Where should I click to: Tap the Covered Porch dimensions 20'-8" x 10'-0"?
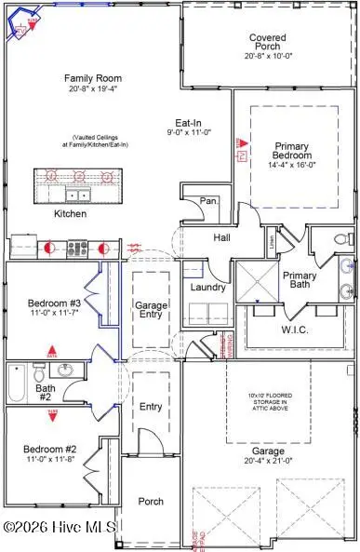[267, 57]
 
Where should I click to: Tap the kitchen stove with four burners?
[77, 249]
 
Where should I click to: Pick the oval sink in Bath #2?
[64, 370]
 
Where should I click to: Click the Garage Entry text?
[151, 311]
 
